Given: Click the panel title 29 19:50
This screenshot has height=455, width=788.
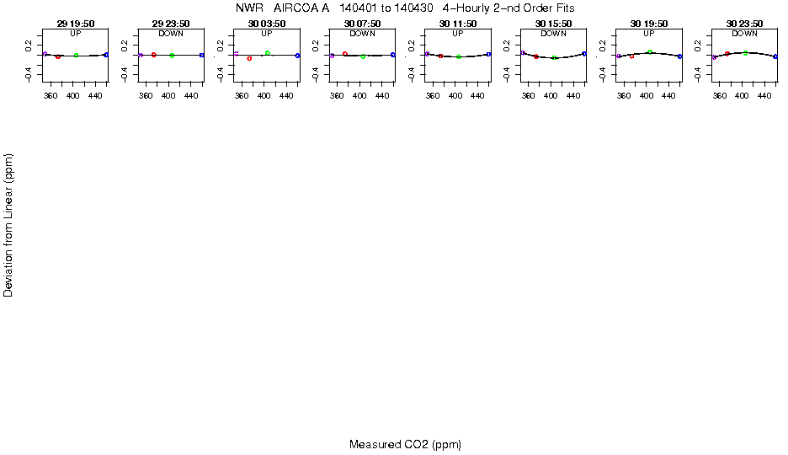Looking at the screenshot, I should [76, 24].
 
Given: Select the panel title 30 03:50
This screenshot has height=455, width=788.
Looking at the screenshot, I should [267, 24].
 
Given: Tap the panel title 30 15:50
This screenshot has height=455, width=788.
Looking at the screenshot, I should [553, 24].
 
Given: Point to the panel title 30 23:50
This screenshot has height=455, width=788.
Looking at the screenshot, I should [744, 24].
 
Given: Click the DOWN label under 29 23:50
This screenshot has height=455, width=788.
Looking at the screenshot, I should [171, 34].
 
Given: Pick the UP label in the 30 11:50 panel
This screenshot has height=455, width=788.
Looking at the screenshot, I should [458, 34].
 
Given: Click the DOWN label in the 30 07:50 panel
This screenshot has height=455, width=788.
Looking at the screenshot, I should [362, 34].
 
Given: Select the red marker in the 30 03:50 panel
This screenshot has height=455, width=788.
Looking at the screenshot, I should [249, 58].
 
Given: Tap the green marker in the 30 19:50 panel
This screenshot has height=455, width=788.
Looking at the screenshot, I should [650, 52].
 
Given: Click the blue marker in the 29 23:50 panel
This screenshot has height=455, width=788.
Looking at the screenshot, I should [202, 55].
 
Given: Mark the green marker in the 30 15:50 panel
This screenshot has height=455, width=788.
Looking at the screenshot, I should [554, 57].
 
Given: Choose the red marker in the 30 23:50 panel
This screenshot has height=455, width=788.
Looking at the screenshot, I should [727, 54].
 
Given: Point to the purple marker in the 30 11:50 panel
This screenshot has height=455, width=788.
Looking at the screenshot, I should [427, 54].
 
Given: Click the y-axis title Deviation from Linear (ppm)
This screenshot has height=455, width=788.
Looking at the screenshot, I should [8, 225].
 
